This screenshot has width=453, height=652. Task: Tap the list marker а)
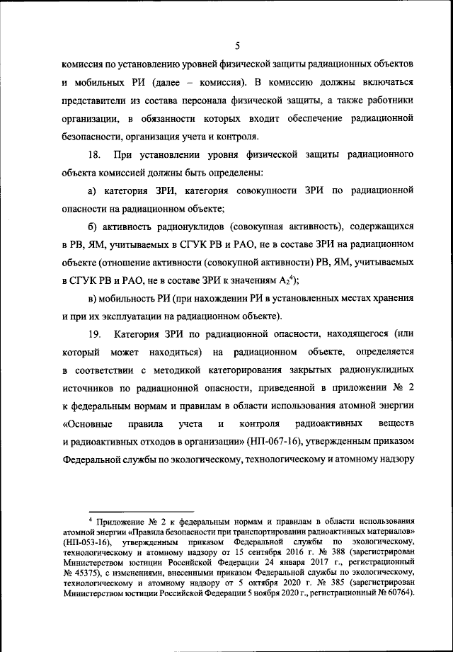(x=91, y=191)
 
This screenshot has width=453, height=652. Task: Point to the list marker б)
(x=91, y=227)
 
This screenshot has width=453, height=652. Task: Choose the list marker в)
(x=91, y=298)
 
